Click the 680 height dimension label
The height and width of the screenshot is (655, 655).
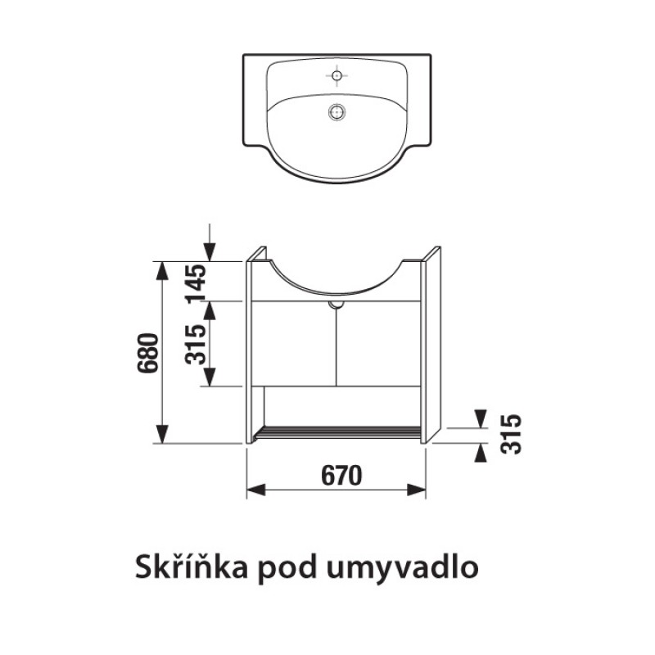tap(148, 353)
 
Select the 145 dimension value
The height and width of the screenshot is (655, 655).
tap(196, 284)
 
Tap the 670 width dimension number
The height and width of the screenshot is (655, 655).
tap(341, 476)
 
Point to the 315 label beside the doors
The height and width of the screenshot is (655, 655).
tap(196, 344)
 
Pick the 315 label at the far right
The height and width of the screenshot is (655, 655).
tap(511, 434)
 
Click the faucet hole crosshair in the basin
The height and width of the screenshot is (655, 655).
tap(337, 75)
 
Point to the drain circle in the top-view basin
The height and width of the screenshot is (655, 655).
tap(337, 112)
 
